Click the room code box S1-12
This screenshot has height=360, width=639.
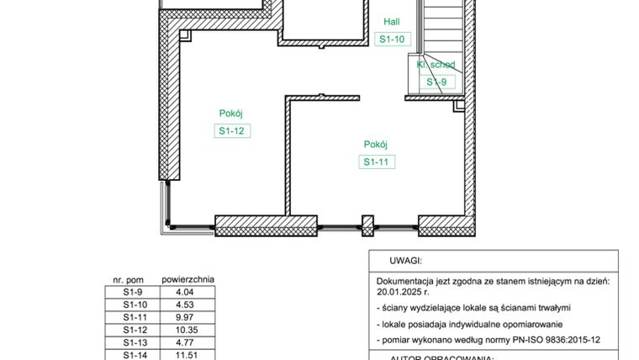point(232,130)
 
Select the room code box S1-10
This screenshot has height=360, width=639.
point(393,39)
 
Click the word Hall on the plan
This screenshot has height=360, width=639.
point(392,22)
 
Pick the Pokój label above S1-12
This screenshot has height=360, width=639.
point(231,113)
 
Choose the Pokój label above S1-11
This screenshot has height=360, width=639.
point(376,144)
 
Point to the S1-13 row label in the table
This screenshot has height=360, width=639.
point(135,342)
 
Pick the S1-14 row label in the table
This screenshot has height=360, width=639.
point(135,355)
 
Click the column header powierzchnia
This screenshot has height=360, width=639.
point(187,278)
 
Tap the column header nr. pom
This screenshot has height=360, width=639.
point(129,279)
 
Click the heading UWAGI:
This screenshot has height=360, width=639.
point(404,262)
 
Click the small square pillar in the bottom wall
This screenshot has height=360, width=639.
point(367,225)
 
